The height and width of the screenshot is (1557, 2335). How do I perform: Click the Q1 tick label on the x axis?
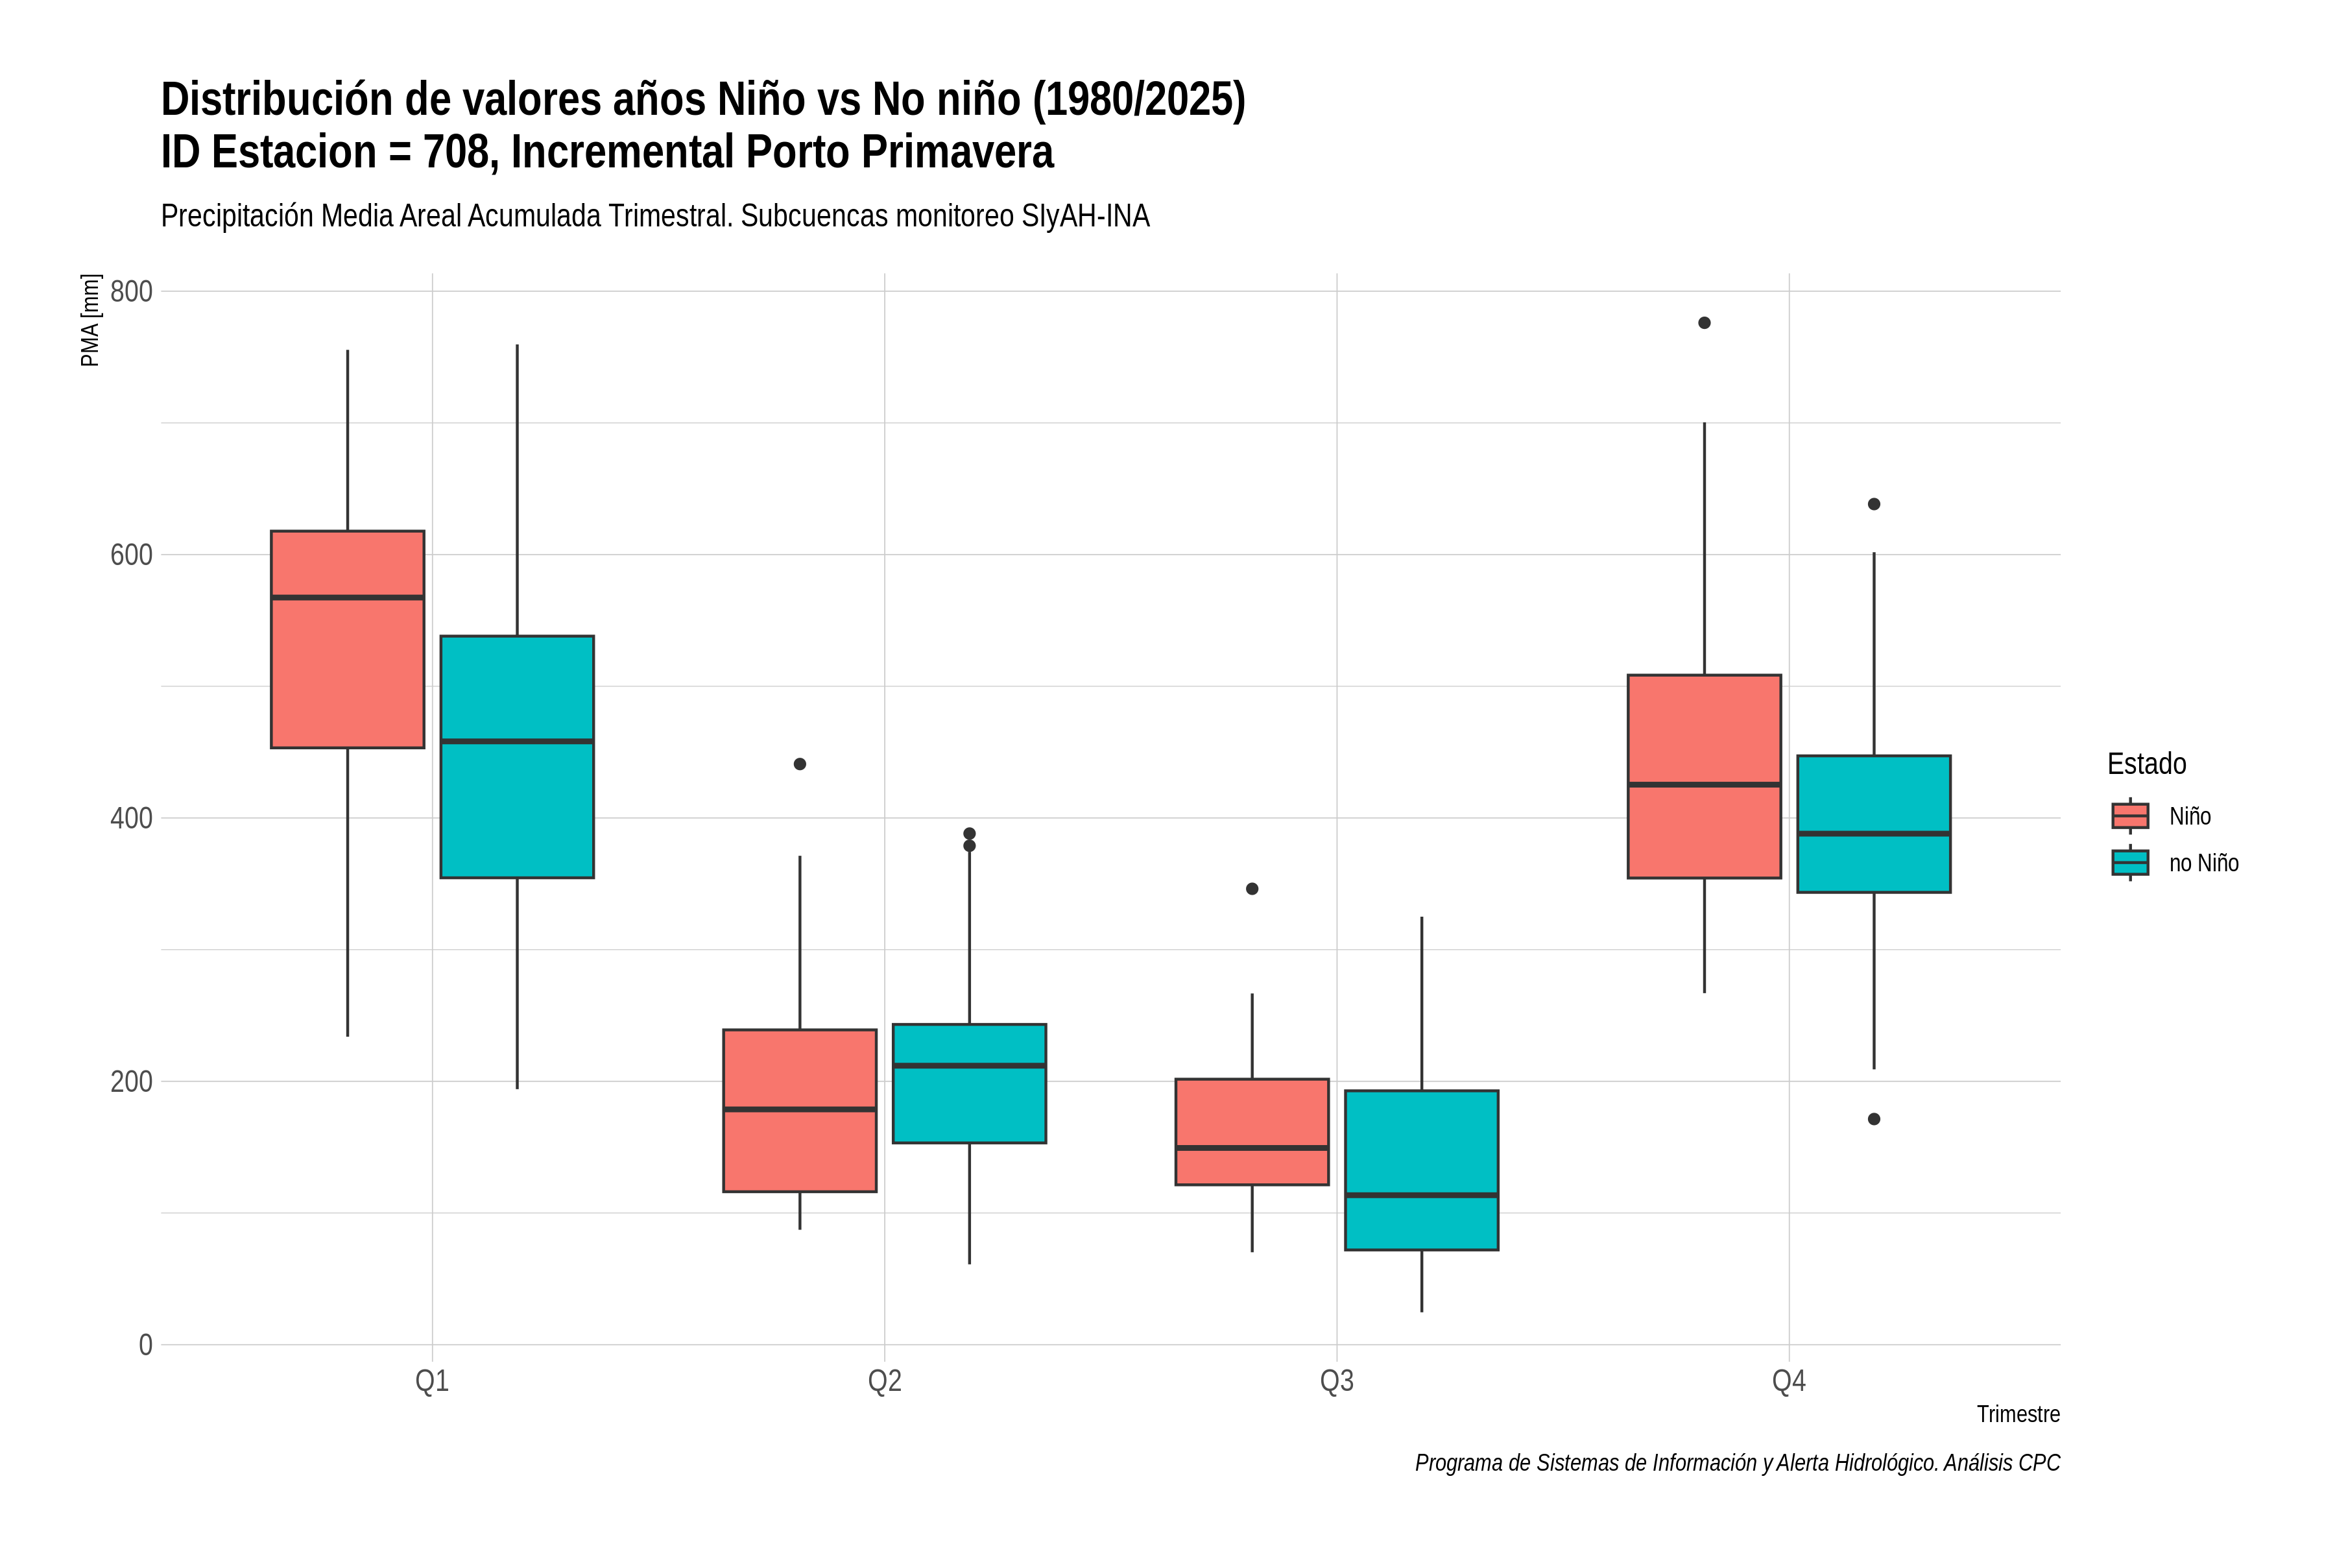click(x=432, y=1381)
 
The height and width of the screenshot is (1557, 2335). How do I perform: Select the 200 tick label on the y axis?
click(x=131, y=1081)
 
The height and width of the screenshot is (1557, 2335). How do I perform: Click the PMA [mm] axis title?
click(x=90, y=320)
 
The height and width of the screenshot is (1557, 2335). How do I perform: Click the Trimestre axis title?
click(x=2018, y=1414)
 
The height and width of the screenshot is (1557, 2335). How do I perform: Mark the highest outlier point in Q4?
click(x=1705, y=322)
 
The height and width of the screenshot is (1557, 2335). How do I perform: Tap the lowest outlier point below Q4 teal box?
click(x=1874, y=1119)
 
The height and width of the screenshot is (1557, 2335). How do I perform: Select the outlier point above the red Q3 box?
click(x=1252, y=889)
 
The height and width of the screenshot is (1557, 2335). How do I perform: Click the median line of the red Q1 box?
click(x=348, y=597)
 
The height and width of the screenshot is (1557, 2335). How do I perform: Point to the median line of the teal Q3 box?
click(x=1422, y=1196)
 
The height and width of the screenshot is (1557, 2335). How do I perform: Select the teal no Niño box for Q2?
click(x=969, y=1083)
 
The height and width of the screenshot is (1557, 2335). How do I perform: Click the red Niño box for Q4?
click(x=1705, y=777)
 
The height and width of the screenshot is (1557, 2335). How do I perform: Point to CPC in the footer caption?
click(x=2039, y=1463)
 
